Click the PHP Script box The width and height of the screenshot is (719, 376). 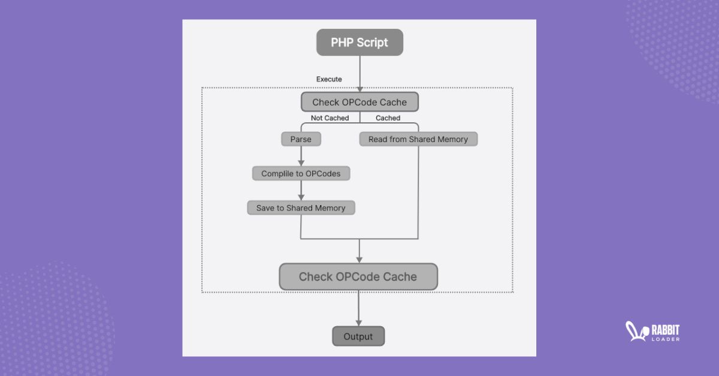pyautogui.click(x=359, y=43)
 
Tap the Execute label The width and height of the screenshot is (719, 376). pyautogui.click(x=329, y=79)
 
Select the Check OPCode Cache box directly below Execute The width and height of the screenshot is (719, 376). pyautogui.click(x=359, y=102)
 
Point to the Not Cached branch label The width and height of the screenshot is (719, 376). pyautogui.click(x=330, y=118)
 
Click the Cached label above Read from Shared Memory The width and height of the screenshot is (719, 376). pyautogui.click(x=388, y=118)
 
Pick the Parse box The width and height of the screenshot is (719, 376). pyautogui.click(x=301, y=139)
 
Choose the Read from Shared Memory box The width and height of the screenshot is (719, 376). pyautogui.click(x=418, y=139)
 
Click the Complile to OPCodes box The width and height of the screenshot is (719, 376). pyautogui.click(x=301, y=174)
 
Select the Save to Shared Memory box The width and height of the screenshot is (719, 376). pyautogui.click(x=301, y=208)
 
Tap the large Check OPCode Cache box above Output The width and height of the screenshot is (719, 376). pyautogui.click(x=358, y=276)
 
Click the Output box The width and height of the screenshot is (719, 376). pyautogui.click(x=358, y=336)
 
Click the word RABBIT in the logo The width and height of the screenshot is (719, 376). pyautogui.click(x=664, y=329)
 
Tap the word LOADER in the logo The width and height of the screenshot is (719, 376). pyautogui.click(x=664, y=339)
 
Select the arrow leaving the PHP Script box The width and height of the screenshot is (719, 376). pyautogui.click(x=359, y=73)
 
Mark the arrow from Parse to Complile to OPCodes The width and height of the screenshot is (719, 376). pyautogui.click(x=301, y=156)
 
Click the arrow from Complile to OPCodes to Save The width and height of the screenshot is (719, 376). pyautogui.click(x=301, y=191)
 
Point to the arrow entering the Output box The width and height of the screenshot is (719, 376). pyautogui.click(x=358, y=309)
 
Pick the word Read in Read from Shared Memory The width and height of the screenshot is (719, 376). pyautogui.click(x=378, y=139)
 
